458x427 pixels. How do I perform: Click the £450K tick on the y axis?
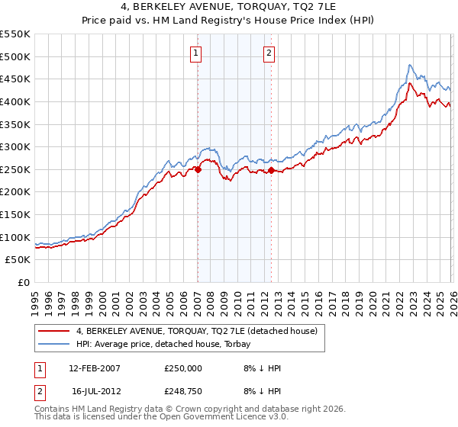(15, 79)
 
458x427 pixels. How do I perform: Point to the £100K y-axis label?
(15, 237)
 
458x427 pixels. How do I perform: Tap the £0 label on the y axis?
(24, 283)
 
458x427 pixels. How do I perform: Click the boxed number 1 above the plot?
(197, 53)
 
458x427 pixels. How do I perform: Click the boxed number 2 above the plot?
(270, 53)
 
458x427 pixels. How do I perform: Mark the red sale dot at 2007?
(198, 169)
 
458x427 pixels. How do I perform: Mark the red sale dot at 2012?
(271, 170)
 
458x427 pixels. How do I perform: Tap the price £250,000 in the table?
(183, 368)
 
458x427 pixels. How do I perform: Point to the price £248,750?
(183, 393)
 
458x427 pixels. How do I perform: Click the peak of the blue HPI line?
(410, 65)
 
